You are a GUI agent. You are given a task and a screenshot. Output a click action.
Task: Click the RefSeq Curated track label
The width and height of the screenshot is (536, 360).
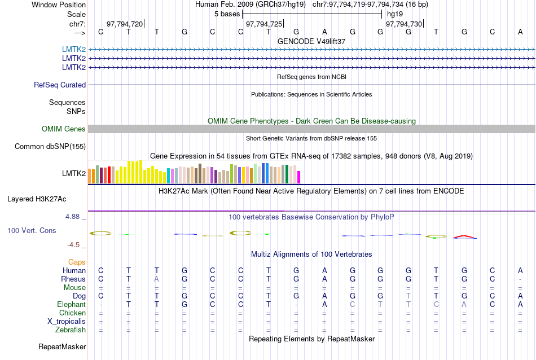(x=60, y=85)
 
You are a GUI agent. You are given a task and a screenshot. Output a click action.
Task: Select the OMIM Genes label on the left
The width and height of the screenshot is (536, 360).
(x=64, y=129)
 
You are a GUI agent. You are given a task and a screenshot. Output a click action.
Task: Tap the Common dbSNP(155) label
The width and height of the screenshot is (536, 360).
(x=50, y=147)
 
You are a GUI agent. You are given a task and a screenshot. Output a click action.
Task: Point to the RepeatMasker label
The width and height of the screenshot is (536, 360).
(x=62, y=346)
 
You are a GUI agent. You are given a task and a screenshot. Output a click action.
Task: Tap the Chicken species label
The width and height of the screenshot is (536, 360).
(x=72, y=313)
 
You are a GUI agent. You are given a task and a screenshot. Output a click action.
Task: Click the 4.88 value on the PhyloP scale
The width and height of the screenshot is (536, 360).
(x=74, y=216)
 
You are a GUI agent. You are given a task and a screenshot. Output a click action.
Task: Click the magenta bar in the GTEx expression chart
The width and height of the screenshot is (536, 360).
(x=299, y=177)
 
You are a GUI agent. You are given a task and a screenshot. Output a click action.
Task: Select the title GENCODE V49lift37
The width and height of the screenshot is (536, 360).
(x=311, y=41)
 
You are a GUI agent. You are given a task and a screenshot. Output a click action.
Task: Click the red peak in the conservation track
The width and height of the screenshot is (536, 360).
(x=465, y=235)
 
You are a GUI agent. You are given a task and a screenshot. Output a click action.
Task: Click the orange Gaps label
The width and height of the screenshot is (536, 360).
(x=77, y=262)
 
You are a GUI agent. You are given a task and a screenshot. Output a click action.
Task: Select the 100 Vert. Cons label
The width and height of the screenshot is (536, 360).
(x=32, y=230)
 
